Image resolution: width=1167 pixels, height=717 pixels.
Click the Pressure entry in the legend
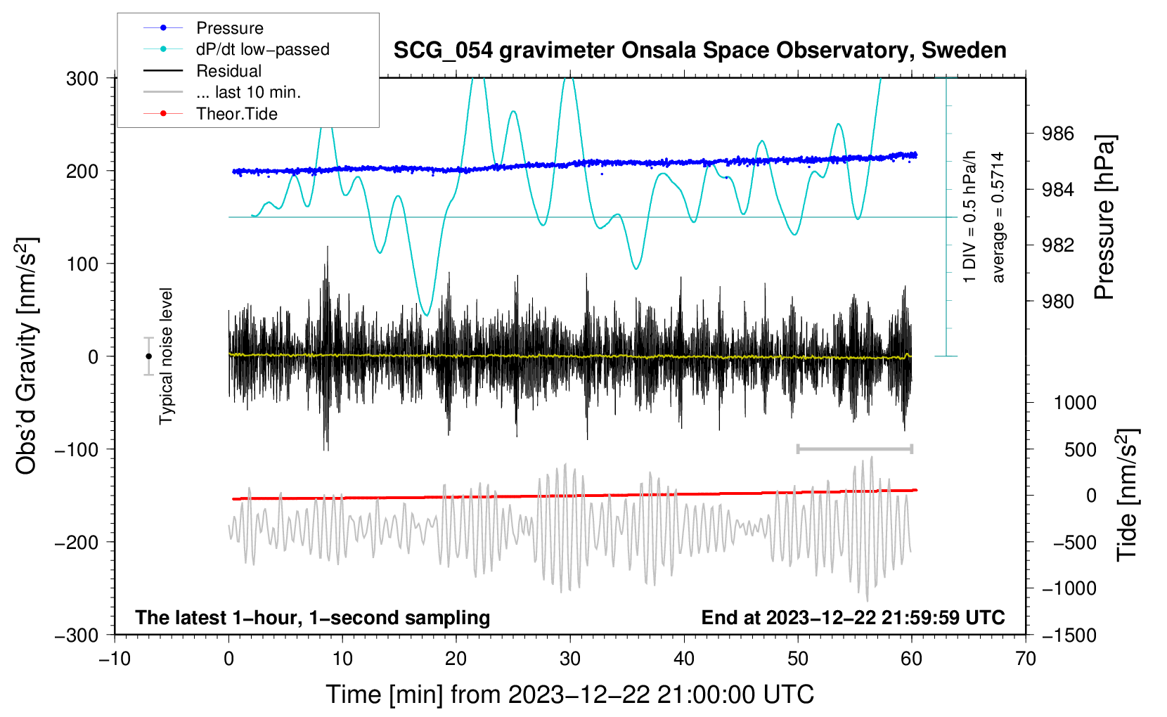tap(204, 28)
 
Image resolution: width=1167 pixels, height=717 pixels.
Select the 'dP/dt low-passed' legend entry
tap(236, 49)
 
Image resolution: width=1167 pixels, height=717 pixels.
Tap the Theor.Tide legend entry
tap(210, 114)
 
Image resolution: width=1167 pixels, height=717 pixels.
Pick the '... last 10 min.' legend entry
tap(222, 92)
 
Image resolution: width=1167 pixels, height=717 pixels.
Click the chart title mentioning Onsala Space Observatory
tap(699, 51)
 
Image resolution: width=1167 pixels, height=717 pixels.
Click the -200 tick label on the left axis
tap(77, 543)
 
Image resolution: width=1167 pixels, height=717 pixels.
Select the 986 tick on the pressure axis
tap(1057, 134)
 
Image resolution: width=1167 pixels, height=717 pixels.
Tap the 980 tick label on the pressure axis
tap(1057, 301)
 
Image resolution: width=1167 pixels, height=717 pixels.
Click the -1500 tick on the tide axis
tap(1069, 635)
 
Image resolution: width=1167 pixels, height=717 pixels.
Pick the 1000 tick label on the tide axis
tap(1075, 402)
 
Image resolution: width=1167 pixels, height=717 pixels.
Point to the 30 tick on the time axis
tap(570, 659)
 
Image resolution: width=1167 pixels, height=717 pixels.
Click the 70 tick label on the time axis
tap(1025, 659)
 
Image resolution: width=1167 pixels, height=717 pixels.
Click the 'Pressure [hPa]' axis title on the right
tap(1104, 217)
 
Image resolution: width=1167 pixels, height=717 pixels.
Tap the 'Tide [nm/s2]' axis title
tap(1128, 495)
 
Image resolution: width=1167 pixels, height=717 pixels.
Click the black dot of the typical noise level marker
tap(148, 356)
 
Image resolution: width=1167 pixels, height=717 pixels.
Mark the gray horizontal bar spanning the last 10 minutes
tap(854, 448)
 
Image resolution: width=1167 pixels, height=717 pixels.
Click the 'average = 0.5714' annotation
tap(997, 217)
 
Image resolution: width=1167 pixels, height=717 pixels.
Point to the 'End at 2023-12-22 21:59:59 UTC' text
tap(853, 617)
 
